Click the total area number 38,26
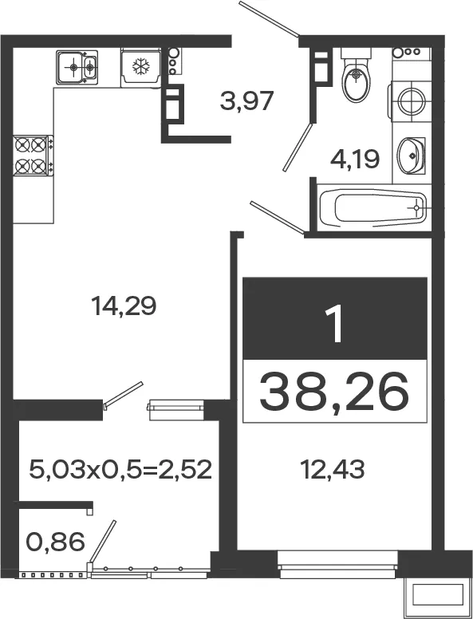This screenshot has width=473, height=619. [x=333, y=392]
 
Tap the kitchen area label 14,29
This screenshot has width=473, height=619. [x=124, y=306]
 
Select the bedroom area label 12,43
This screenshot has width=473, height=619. [x=333, y=469]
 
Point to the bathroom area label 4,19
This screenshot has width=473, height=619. [x=355, y=159]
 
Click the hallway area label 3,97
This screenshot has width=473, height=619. [x=246, y=101]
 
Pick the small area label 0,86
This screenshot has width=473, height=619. [x=55, y=542]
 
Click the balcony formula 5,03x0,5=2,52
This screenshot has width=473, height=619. [x=120, y=469]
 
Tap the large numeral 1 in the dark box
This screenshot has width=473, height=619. [x=335, y=325]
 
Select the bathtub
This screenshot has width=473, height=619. [x=373, y=207]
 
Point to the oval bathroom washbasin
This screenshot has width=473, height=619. [x=411, y=156]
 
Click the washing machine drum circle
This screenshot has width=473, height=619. [x=412, y=101]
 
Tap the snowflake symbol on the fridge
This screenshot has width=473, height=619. [x=141, y=66]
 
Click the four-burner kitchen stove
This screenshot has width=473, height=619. [x=34, y=156]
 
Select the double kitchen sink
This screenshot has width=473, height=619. [x=77, y=67]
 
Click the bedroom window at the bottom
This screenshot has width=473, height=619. [x=337, y=565]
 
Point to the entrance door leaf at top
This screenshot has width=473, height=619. [x=269, y=19]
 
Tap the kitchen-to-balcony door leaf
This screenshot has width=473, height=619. [x=123, y=394]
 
